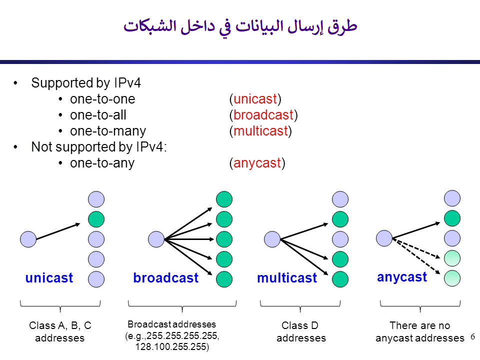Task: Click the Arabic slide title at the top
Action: pos(240,26)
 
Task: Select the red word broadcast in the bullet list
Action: pos(263,115)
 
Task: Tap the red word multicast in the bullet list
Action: pos(260,131)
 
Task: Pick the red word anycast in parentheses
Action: pos(257,163)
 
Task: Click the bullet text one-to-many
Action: pos(108,131)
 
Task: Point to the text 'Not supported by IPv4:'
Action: pos(99,147)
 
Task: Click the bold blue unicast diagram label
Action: pos(49,278)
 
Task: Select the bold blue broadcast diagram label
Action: pos(165,278)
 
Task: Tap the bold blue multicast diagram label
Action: pos(287,278)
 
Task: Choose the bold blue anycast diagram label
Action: pos(402,277)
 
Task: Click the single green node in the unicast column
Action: pos(96,219)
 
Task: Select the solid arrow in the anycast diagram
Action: pos(418,225)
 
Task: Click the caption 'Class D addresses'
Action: pos(301,332)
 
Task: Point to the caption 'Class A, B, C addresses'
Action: pos(60,332)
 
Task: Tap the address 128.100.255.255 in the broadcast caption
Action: pos(171,346)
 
